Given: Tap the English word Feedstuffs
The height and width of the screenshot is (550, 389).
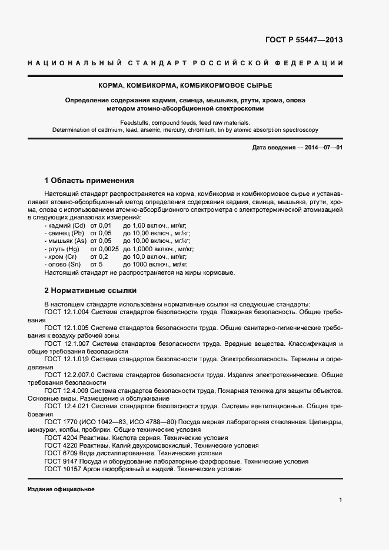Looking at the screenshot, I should click(x=135, y=122).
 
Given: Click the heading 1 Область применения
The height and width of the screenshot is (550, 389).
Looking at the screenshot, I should click(x=89, y=180).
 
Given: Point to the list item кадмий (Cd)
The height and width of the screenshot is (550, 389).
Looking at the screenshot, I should click(x=65, y=225).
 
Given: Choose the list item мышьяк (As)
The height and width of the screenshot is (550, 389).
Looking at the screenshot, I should click(x=65, y=241).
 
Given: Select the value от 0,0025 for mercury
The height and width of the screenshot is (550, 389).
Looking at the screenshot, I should click(x=104, y=249).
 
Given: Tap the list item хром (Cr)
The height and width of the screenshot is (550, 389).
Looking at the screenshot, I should click(x=61, y=256).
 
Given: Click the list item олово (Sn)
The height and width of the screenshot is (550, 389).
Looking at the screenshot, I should click(x=62, y=264).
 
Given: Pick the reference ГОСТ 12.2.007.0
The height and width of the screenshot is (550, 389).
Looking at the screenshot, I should click(x=69, y=374).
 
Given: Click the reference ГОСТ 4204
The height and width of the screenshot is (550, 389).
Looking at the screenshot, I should click(x=60, y=438).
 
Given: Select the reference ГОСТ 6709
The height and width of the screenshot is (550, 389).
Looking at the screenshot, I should click(x=60, y=453).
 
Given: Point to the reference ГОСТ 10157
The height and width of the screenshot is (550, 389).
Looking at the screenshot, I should click(x=62, y=469).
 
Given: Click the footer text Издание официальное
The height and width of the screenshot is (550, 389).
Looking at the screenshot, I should click(x=61, y=489).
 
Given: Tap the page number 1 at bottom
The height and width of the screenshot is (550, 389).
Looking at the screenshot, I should click(x=341, y=499).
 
